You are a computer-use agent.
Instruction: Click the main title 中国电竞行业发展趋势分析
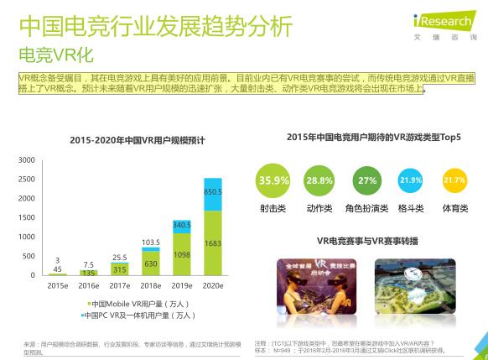click(156, 26)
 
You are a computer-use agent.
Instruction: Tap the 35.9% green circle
click(273, 180)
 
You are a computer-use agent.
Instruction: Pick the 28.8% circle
click(319, 180)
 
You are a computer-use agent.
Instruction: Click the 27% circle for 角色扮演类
click(366, 180)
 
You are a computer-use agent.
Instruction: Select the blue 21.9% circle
click(411, 180)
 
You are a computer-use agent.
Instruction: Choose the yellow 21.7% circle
click(454, 180)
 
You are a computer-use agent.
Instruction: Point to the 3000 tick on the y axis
click(26, 159)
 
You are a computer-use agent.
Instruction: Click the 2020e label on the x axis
click(212, 286)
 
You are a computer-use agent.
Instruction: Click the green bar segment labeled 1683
click(212, 243)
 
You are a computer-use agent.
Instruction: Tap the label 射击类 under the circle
click(273, 208)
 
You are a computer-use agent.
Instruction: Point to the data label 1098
click(182, 253)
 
